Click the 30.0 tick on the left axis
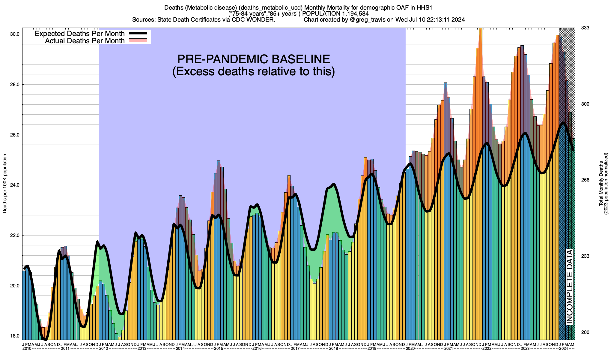click(x=15, y=34)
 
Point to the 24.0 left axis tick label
click(x=15, y=185)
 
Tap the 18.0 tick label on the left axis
click(x=15, y=336)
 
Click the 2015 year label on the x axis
click(x=219, y=349)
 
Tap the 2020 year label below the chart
click(x=410, y=349)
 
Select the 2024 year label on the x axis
click(x=564, y=349)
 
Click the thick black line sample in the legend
click(x=138, y=33)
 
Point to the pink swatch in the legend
click(x=138, y=40)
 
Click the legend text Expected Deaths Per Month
click(x=80, y=33)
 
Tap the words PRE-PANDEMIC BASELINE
click(x=254, y=59)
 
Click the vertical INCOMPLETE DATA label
click(x=569, y=286)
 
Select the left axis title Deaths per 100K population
click(x=5, y=184)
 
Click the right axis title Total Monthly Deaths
click(x=601, y=184)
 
